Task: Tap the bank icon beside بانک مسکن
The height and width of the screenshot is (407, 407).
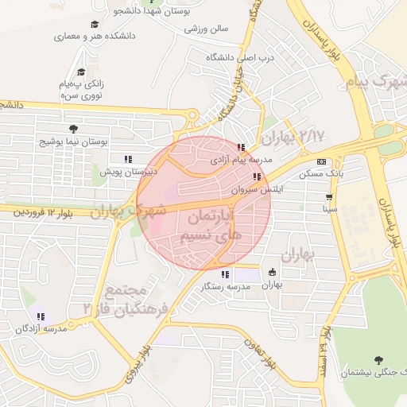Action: point(321,161)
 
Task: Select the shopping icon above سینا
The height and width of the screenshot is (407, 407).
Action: point(328,196)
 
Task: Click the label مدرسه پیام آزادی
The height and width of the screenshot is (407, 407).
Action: point(241,159)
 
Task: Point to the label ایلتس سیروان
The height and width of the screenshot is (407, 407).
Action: point(257,190)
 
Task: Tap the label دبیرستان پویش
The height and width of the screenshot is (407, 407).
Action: point(128,171)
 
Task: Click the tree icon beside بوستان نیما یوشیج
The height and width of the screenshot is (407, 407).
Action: point(74,128)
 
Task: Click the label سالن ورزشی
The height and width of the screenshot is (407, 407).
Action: point(207,29)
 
